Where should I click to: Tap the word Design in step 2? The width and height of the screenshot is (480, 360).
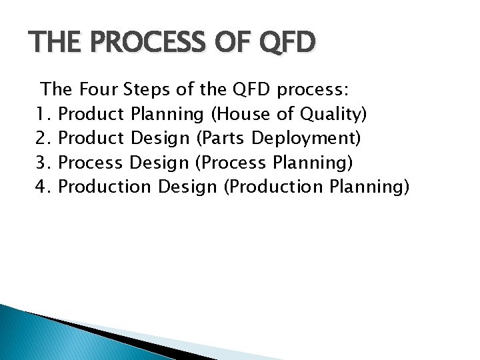pos(159,139)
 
